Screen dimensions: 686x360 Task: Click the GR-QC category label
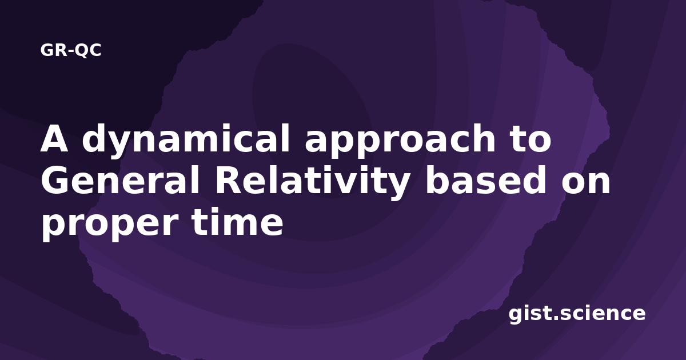pos(71,50)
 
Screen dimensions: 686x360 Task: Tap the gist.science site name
pos(577,314)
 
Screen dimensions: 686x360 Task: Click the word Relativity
pos(313,182)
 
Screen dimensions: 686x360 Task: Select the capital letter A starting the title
pos(54,138)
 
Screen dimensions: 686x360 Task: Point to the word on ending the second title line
pos(586,183)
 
